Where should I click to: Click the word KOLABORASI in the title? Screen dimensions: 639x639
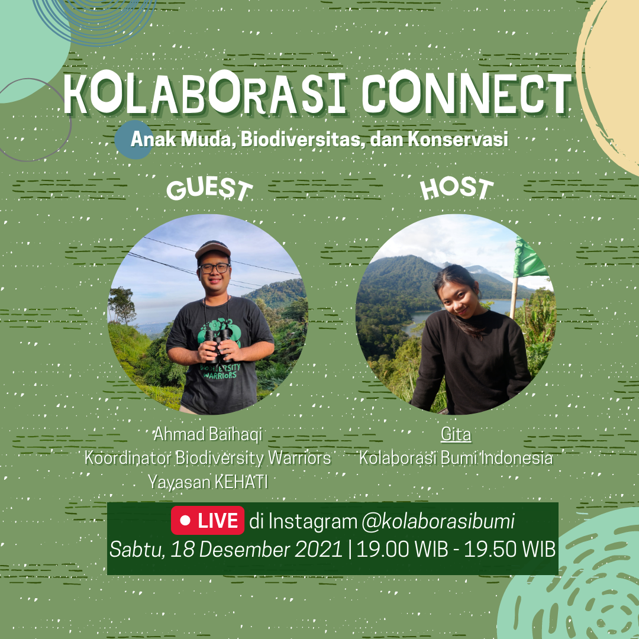coord(205,94)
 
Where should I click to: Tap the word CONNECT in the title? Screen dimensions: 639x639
coord(467,94)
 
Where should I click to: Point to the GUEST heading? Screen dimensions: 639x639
coord(209,189)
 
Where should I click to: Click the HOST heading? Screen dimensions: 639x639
coord(456,189)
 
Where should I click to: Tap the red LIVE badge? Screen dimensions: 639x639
coord(208,521)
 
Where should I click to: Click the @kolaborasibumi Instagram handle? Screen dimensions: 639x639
coord(438,521)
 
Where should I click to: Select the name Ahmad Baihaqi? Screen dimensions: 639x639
coord(208,434)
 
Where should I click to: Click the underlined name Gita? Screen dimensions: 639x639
coord(456,434)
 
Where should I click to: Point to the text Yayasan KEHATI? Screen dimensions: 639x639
coord(208,482)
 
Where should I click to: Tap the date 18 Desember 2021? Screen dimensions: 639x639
coord(256,550)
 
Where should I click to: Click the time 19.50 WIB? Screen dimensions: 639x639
coord(510,550)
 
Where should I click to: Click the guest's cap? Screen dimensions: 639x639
coord(213,250)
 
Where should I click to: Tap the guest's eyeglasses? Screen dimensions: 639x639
coord(214,268)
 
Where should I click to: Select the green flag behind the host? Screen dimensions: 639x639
coord(528,259)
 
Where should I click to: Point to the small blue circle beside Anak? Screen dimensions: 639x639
coord(133,140)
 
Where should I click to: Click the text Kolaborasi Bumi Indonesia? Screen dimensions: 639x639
coord(456,458)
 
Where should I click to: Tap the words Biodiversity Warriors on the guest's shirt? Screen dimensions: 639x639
coord(220,371)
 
